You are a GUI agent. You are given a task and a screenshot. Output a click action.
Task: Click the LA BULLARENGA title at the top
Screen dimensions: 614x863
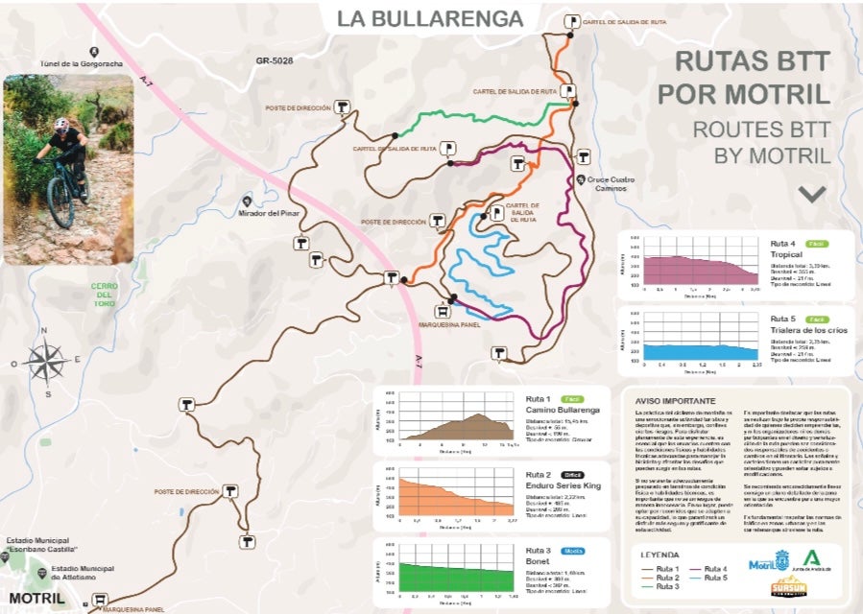coord(429,18)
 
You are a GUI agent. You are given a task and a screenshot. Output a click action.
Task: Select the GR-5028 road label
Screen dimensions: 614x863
coord(275,60)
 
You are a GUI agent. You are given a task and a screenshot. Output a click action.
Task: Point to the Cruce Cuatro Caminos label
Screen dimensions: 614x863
coord(607,183)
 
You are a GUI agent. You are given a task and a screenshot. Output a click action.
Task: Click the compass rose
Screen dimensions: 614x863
coord(45,362)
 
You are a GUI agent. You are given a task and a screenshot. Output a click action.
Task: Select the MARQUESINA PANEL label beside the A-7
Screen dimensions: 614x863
coord(448,323)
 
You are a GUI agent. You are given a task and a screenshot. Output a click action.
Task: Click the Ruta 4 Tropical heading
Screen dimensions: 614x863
coord(786,248)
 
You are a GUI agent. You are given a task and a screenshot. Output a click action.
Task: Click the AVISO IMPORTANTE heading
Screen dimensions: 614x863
coord(674,400)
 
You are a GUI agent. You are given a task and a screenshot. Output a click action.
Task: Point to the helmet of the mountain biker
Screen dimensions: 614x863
coord(62,125)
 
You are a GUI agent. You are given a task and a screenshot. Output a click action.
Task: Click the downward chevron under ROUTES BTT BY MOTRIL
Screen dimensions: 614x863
coord(812,193)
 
